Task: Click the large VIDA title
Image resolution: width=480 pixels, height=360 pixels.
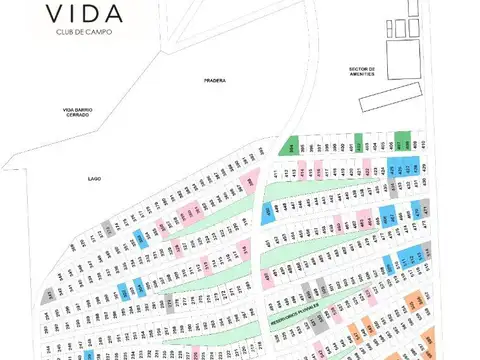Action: click(x=84, y=14)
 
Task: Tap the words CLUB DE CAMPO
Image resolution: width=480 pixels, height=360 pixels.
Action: click(x=84, y=31)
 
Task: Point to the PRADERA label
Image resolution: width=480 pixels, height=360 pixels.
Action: click(x=214, y=80)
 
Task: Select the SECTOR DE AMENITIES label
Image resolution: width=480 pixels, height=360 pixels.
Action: click(x=361, y=71)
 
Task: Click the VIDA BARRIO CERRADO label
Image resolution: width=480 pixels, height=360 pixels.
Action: click(x=78, y=113)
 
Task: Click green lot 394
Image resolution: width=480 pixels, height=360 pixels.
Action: click(x=292, y=146)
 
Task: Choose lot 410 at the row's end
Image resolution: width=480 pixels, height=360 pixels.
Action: click(x=423, y=143)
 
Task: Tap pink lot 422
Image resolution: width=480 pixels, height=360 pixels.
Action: click(x=401, y=170)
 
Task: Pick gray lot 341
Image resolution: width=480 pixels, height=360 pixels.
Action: click(x=48, y=295)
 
